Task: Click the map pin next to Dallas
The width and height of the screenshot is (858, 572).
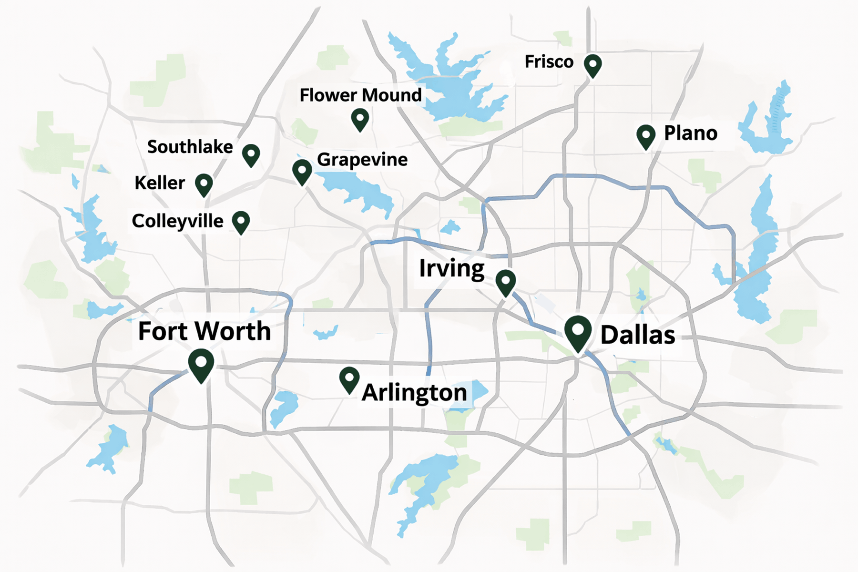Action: click(578, 332)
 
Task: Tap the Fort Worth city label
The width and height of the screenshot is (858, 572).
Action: click(204, 331)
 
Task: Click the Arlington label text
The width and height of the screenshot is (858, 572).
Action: click(414, 393)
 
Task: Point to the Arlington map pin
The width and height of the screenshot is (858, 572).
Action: click(349, 379)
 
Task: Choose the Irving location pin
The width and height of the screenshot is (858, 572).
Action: click(505, 281)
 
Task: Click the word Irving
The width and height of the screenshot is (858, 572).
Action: click(451, 269)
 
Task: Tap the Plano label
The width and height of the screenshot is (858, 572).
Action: click(690, 133)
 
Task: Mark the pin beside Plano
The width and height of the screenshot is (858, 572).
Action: click(646, 136)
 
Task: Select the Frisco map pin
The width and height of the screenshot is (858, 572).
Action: click(593, 65)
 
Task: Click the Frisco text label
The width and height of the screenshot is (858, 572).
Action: click(549, 62)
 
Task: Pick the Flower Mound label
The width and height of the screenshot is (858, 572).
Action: click(360, 95)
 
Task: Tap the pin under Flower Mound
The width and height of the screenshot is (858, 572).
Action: click(360, 119)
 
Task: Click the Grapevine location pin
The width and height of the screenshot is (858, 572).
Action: click(302, 171)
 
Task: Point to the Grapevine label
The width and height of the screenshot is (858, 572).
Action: click(362, 160)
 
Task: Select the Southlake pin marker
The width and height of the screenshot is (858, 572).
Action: click(251, 154)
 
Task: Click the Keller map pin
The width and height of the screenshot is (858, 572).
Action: click(204, 184)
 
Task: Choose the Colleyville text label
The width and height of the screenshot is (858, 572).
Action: click(177, 221)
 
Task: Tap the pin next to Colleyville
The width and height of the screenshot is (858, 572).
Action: click(241, 222)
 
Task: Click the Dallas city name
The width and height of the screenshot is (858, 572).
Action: click(637, 335)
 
